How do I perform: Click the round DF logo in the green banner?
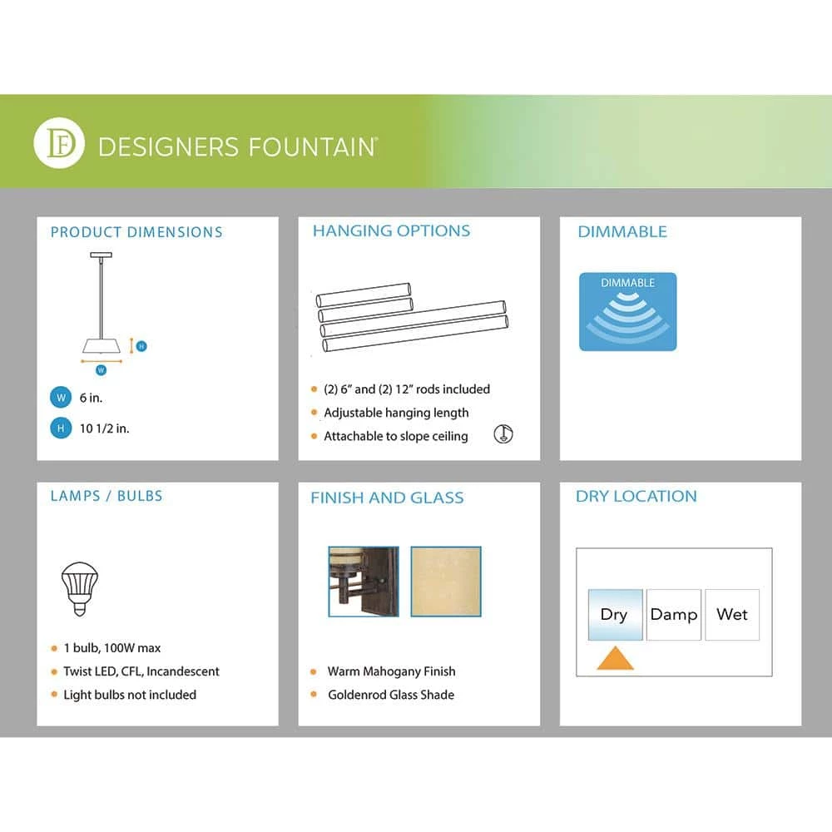tap(59, 143)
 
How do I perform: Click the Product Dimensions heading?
tap(136, 232)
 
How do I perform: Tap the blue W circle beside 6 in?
tap(61, 398)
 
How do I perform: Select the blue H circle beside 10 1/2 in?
tap(61, 428)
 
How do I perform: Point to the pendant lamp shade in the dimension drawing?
tap(102, 345)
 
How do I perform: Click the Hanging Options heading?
tap(391, 230)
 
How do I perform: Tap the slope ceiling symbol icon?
tap(503, 434)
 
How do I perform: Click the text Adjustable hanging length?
tap(396, 413)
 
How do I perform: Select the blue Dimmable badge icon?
tap(627, 311)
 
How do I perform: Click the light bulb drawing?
tap(80, 588)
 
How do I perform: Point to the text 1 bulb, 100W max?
tap(112, 648)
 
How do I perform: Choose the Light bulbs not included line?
tap(130, 695)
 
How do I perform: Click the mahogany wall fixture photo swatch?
tap(364, 581)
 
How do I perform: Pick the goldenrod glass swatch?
tap(446, 581)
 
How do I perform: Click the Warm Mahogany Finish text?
tap(392, 671)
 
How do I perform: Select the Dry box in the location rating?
tap(615, 615)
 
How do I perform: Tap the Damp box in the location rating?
tap(674, 615)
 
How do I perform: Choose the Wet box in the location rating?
tap(732, 615)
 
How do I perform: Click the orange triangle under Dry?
tap(615, 660)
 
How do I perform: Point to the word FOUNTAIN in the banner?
tap(312, 147)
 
